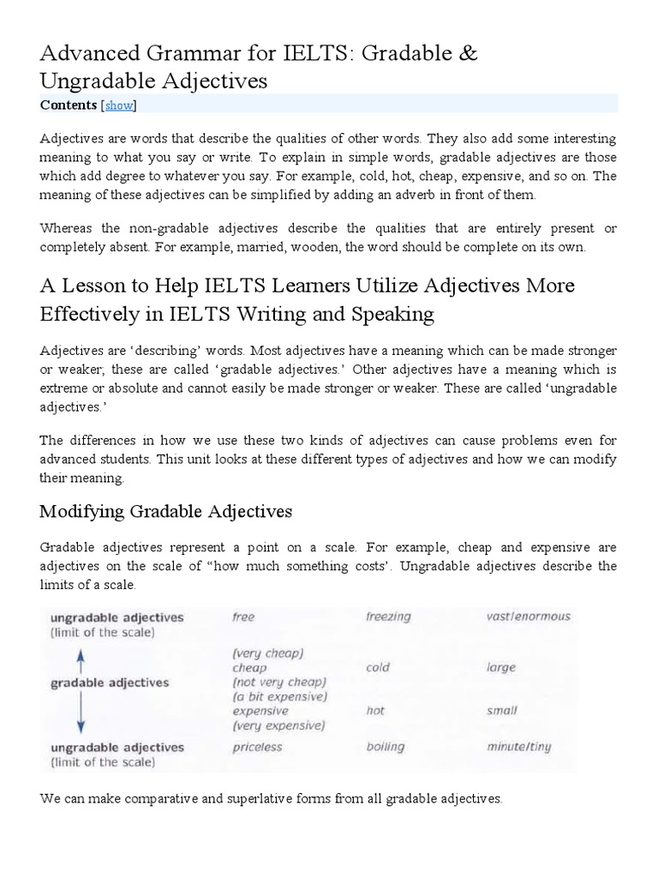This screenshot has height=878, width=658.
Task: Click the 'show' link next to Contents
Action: tap(119, 105)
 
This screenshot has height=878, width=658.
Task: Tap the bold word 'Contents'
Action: tap(69, 105)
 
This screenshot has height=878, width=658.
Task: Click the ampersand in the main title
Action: tap(469, 53)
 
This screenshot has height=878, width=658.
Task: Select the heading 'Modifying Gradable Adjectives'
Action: tap(166, 512)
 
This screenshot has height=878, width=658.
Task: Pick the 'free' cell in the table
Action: tap(244, 616)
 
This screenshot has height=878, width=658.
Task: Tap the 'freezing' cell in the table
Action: tap(388, 616)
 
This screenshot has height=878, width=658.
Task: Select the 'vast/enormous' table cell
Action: tap(528, 616)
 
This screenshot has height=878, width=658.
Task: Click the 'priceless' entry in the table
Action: tap(257, 747)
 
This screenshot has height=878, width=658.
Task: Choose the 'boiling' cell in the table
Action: tap(385, 747)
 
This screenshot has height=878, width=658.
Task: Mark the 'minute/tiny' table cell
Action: tap(518, 747)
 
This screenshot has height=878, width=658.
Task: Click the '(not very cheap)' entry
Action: tap(279, 682)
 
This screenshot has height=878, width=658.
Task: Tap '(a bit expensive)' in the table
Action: tap(278, 696)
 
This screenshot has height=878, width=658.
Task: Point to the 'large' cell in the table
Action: tap(501, 667)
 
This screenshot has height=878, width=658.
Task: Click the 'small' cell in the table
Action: tap(501, 711)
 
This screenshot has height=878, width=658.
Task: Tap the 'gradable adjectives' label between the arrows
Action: tap(110, 683)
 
